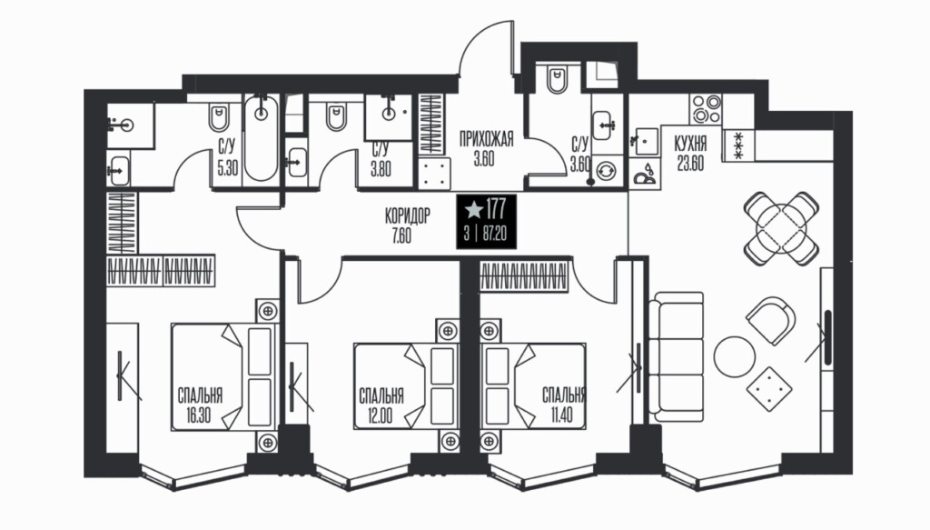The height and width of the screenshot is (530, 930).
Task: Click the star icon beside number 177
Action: coord(473,209)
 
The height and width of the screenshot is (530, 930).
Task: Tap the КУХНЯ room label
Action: coord(690,144)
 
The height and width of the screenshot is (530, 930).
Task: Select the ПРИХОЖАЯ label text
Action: coord(487,139)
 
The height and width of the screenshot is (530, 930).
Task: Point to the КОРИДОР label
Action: coord(407,215)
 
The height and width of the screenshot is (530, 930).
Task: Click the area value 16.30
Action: coord(198,415)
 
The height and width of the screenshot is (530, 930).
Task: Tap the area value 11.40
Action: coord(561,415)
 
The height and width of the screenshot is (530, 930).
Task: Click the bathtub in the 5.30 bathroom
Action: coord(261,137)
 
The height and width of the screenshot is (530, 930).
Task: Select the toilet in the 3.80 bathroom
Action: coord(335,117)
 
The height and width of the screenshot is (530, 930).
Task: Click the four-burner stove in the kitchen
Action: coord(706,108)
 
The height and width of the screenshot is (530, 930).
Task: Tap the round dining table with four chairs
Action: coord(781,228)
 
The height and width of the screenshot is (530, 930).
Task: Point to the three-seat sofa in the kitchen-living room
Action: coord(676,356)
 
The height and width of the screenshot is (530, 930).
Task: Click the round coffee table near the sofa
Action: coord(734,356)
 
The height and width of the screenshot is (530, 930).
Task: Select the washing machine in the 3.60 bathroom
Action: coord(606,171)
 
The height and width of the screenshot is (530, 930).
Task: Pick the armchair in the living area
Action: coord(771,321)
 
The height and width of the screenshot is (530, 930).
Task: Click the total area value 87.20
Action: coord(495,234)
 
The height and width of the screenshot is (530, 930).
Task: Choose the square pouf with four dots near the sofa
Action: coord(768,390)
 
